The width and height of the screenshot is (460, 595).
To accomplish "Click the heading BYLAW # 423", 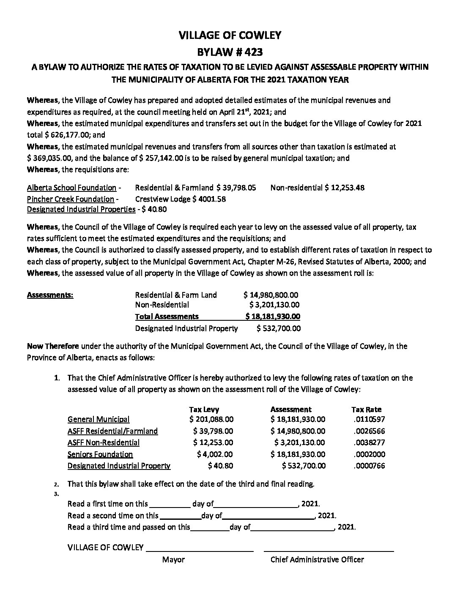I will pos(230,52).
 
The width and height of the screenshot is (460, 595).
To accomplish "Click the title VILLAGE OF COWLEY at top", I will pos(230,35).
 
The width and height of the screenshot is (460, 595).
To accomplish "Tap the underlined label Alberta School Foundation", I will pos(71,187).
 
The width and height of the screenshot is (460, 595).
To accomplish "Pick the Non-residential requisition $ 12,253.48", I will pos(345,187).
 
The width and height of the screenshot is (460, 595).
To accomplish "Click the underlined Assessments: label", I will pos(50,295).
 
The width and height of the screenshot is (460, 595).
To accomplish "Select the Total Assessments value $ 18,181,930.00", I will pos(273,316).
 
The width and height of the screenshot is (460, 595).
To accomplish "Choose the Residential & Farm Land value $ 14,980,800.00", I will pos(271,295).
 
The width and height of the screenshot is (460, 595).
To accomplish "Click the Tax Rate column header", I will pos(366,409).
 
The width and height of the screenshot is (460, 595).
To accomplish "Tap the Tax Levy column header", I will pos(204,409).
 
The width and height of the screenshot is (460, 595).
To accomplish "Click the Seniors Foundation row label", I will pos(100,454).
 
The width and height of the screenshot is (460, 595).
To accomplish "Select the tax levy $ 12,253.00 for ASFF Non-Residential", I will pos(213,442).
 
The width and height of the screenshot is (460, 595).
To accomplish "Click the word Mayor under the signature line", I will pos(173,559).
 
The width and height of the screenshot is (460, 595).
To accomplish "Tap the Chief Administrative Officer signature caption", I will pos(317,559).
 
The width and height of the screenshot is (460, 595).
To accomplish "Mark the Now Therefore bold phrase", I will pos(53,346).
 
